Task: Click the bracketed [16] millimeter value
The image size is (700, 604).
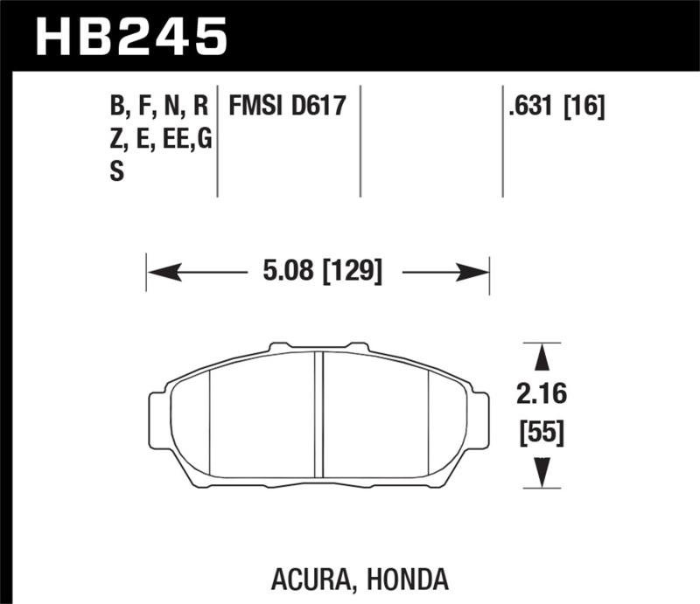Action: (x=585, y=107)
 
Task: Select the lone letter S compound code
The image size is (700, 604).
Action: (x=116, y=172)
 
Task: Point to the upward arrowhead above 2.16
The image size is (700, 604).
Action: (x=542, y=358)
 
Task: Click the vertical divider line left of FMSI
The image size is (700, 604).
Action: (x=217, y=140)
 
